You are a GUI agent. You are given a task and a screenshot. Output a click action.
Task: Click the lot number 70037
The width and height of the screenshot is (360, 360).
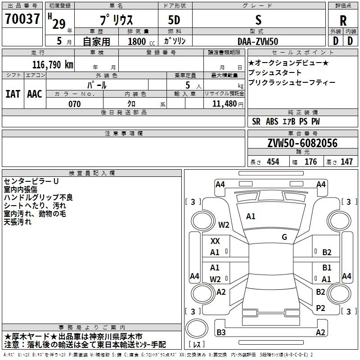pos(22,20)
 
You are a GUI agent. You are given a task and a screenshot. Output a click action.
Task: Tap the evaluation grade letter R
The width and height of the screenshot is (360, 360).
pos(343,21)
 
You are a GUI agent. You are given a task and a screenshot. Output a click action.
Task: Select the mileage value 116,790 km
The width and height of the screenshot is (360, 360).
pos(52,65)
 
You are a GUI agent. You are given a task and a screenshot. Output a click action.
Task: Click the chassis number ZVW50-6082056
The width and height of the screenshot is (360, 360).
pos(302,144)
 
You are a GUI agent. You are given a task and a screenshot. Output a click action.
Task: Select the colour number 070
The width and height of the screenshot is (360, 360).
pos(74,104)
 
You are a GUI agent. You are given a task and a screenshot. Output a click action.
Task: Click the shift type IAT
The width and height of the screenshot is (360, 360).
pos(13,94)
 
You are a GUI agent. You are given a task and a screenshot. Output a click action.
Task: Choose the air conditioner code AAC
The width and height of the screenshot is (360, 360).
pos(34,94)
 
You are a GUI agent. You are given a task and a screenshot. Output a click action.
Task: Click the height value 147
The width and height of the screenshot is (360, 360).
pos(346,162)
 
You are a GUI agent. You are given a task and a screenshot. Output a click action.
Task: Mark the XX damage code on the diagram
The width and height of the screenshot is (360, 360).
pos(215,241)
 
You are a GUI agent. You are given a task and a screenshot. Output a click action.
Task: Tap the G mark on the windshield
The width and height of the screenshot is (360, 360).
pos(284,237)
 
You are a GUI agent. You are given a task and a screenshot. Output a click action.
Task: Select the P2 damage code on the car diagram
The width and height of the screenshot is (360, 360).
pos(321,308)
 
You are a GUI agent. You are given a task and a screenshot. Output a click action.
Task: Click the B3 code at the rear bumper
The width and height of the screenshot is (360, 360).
pos(221,333)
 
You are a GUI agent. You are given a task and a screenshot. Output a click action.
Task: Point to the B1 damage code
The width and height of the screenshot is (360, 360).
pos(327,268)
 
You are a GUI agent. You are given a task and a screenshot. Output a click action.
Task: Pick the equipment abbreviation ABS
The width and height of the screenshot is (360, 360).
pos(272,121)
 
